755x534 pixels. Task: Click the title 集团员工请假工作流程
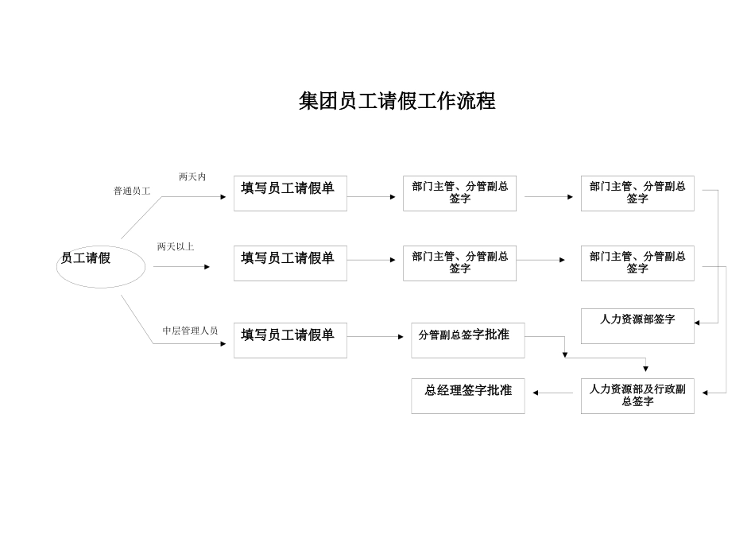pyautogui.click(x=397, y=102)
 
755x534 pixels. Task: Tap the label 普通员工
pyautogui.click(x=132, y=191)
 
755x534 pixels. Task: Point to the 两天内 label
pyautogui.click(x=192, y=176)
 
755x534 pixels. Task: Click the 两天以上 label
pyautogui.click(x=176, y=246)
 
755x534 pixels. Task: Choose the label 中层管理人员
pyautogui.click(x=190, y=331)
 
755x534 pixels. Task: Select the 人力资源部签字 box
pyautogui.click(x=637, y=326)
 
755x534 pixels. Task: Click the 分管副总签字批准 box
pyautogui.click(x=467, y=340)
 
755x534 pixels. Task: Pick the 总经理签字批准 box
pyautogui.click(x=467, y=396)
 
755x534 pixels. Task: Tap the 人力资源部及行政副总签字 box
pyautogui.click(x=637, y=396)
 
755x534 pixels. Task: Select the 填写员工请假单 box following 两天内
pyautogui.click(x=290, y=193)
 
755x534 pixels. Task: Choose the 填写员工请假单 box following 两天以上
pyautogui.click(x=290, y=263)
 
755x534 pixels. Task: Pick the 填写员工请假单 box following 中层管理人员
pyautogui.click(x=290, y=340)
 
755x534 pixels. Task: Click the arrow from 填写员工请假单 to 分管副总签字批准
pyautogui.click(x=375, y=337)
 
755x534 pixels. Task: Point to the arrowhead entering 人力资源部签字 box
pyautogui.click(x=697, y=323)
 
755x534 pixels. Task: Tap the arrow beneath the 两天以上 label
pyautogui.click(x=181, y=267)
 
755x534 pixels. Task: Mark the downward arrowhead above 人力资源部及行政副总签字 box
pyautogui.click(x=645, y=369)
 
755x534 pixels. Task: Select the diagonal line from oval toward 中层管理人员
pyautogui.click(x=137, y=319)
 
